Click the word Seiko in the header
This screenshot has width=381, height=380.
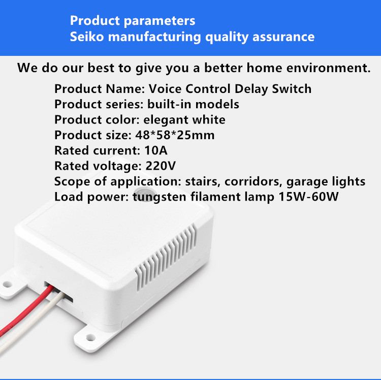[87, 37]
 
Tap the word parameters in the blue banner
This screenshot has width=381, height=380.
[160, 21]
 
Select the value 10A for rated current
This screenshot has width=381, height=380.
[156, 150]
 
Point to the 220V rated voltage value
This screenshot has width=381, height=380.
[161, 166]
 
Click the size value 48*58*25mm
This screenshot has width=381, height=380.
[175, 135]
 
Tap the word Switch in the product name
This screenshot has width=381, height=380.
[292, 89]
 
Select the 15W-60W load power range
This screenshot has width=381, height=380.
[308, 197]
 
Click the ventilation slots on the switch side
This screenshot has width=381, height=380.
[166, 257]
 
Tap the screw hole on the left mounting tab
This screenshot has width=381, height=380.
[7, 284]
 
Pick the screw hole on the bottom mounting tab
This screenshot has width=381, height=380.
[90, 337]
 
